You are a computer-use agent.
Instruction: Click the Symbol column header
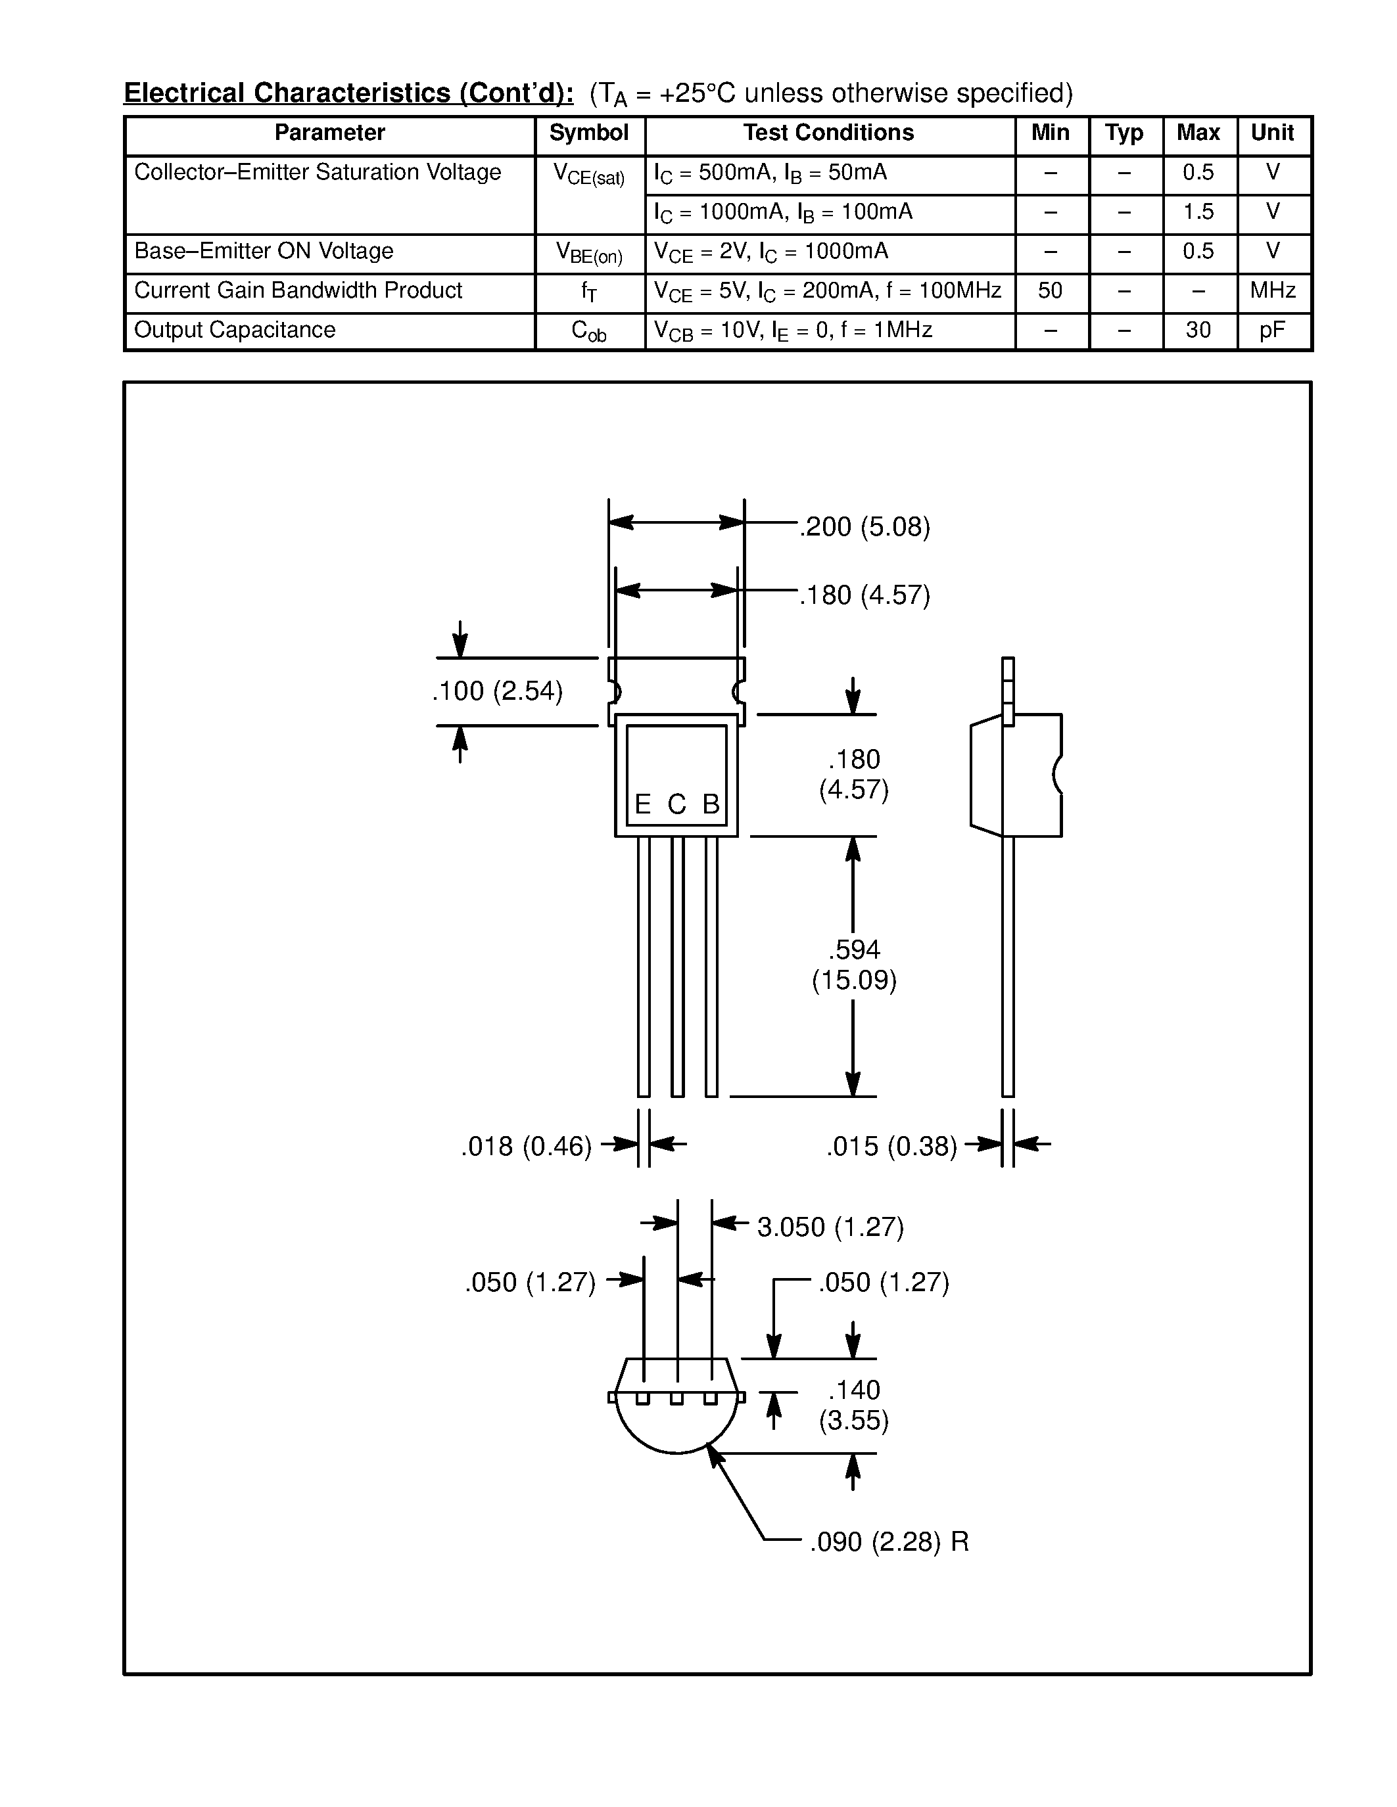[x=588, y=133]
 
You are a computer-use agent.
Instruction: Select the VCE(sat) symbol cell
[x=588, y=175]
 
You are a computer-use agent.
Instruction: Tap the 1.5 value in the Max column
[x=1198, y=213]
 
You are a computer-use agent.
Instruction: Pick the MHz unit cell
[x=1272, y=291]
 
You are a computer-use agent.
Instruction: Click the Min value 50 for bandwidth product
[x=1049, y=291]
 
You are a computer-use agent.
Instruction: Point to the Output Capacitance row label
[x=235, y=330]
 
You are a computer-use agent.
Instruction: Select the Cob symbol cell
[x=588, y=332]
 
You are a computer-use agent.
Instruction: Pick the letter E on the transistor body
[x=642, y=804]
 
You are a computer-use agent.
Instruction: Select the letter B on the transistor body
[x=710, y=804]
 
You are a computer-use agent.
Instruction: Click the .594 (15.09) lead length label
[x=853, y=965]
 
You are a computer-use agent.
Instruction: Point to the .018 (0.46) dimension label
[x=527, y=1146]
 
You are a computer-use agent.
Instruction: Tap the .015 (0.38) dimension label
[x=891, y=1146]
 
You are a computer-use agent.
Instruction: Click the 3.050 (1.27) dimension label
[x=830, y=1227]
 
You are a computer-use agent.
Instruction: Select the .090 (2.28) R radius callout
[x=888, y=1542]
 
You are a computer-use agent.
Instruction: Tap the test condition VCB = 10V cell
[x=793, y=331]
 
